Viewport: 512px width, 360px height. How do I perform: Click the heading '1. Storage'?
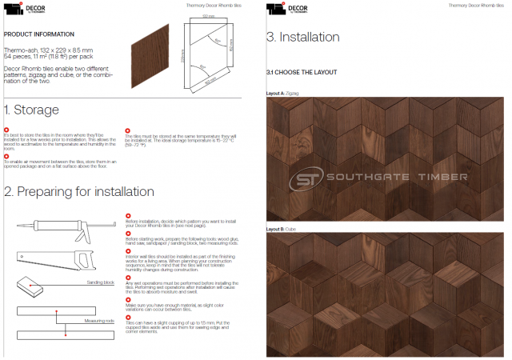32,110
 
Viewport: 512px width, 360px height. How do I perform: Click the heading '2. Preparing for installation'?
78,191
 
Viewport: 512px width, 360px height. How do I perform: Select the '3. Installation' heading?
302,38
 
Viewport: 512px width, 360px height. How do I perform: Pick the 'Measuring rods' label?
99,320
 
